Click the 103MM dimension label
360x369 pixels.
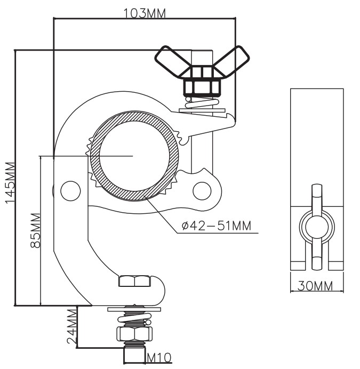click(x=145, y=13)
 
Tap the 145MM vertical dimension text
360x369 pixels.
click(x=11, y=182)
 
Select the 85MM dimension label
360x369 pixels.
click(x=35, y=230)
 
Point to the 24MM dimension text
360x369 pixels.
click(x=72, y=326)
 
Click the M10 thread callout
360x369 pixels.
click(x=159, y=358)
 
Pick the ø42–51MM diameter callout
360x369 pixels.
click(x=217, y=226)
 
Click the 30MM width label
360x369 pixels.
click(x=315, y=286)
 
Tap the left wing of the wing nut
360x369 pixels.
click(x=172, y=61)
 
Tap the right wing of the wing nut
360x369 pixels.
click(x=231, y=61)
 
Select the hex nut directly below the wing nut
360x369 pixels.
click(x=202, y=87)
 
